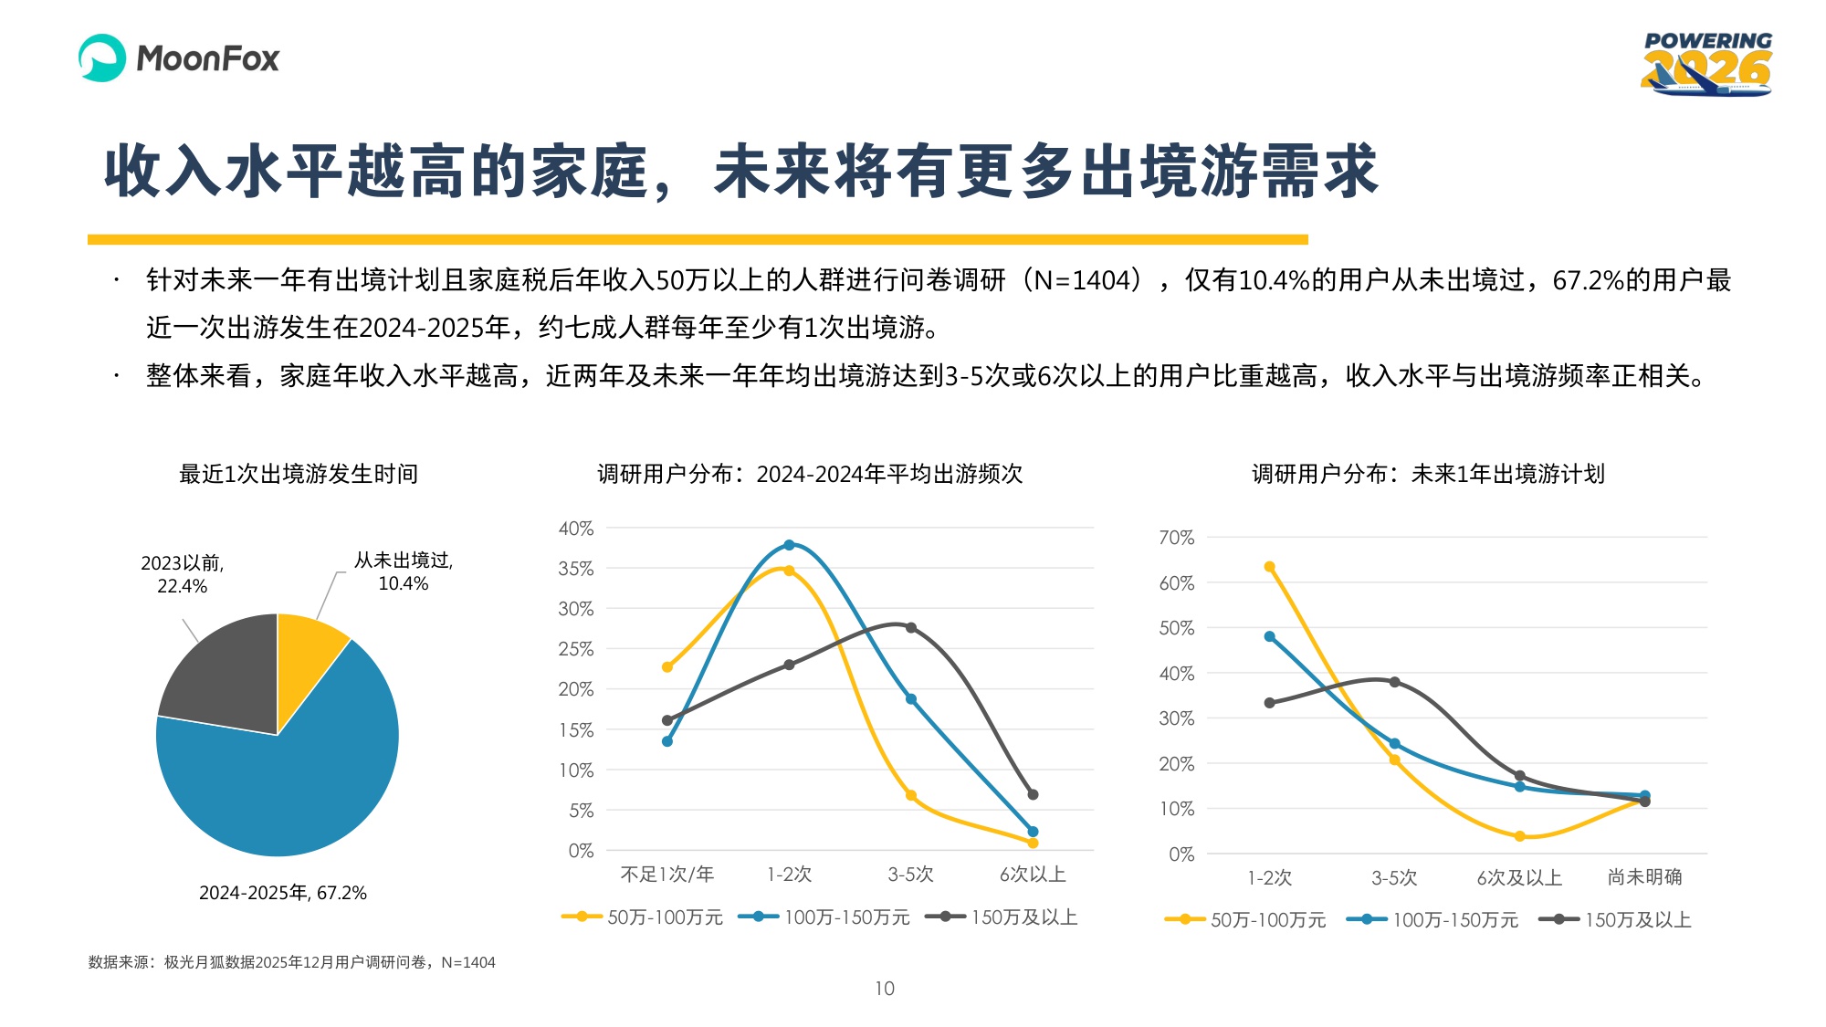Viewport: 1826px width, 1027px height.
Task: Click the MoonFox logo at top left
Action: click(x=179, y=58)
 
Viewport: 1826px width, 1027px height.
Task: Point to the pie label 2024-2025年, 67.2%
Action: click(x=283, y=893)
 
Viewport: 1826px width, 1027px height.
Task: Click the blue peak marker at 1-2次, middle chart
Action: click(x=789, y=545)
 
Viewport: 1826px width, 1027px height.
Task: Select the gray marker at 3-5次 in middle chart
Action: click(x=911, y=628)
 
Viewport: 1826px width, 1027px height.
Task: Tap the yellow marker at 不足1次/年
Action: click(x=667, y=667)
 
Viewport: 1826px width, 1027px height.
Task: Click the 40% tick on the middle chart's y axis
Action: click(x=576, y=529)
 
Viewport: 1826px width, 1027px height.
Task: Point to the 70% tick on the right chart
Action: click(x=1176, y=538)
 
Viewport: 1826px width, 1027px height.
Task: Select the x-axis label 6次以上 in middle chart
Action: click(x=1033, y=875)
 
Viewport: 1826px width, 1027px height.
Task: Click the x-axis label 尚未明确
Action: click(x=1644, y=877)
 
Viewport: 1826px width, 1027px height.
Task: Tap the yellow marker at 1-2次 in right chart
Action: click(x=1269, y=567)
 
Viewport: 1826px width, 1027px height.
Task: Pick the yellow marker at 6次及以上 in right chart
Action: click(x=1519, y=836)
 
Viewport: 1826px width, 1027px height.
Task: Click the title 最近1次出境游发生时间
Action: click(x=299, y=474)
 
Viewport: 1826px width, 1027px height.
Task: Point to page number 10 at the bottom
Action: click(x=885, y=989)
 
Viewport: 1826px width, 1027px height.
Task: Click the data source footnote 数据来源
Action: click(x=291, y=962)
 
